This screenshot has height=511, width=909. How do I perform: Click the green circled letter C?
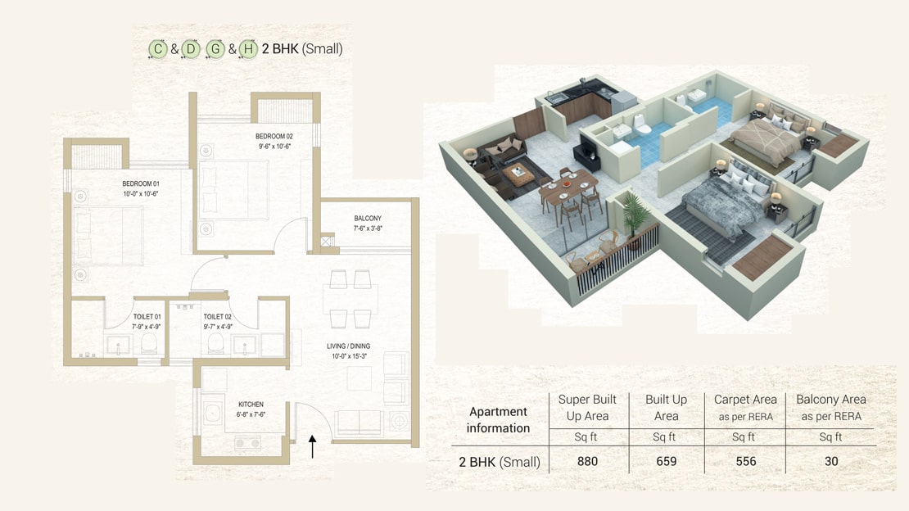(158, 48)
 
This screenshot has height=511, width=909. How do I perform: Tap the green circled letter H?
(248, 49)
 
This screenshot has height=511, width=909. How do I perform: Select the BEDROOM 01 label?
(141, 184)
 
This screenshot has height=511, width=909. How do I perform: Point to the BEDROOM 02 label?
(274, 136)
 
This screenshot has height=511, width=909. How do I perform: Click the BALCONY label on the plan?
(369, 218)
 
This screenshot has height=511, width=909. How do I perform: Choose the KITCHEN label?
(251, 405)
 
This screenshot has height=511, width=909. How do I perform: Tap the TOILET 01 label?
(147, 317)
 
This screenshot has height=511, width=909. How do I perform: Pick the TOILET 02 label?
(217, 317)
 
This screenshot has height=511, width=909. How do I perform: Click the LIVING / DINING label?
(348, 346)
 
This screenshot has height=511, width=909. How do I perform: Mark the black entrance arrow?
(313, 446)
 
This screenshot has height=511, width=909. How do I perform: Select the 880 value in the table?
(587, 461)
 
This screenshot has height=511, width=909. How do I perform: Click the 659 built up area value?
(666, 461)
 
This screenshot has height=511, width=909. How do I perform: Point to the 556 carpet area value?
(745, 461)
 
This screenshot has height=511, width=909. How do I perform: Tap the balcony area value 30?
(831, 461)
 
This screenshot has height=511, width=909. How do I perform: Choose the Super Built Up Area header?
(587, 408)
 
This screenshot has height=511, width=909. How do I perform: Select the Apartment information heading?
(499, 420)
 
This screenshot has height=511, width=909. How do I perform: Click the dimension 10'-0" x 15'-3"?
(349, 356)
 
